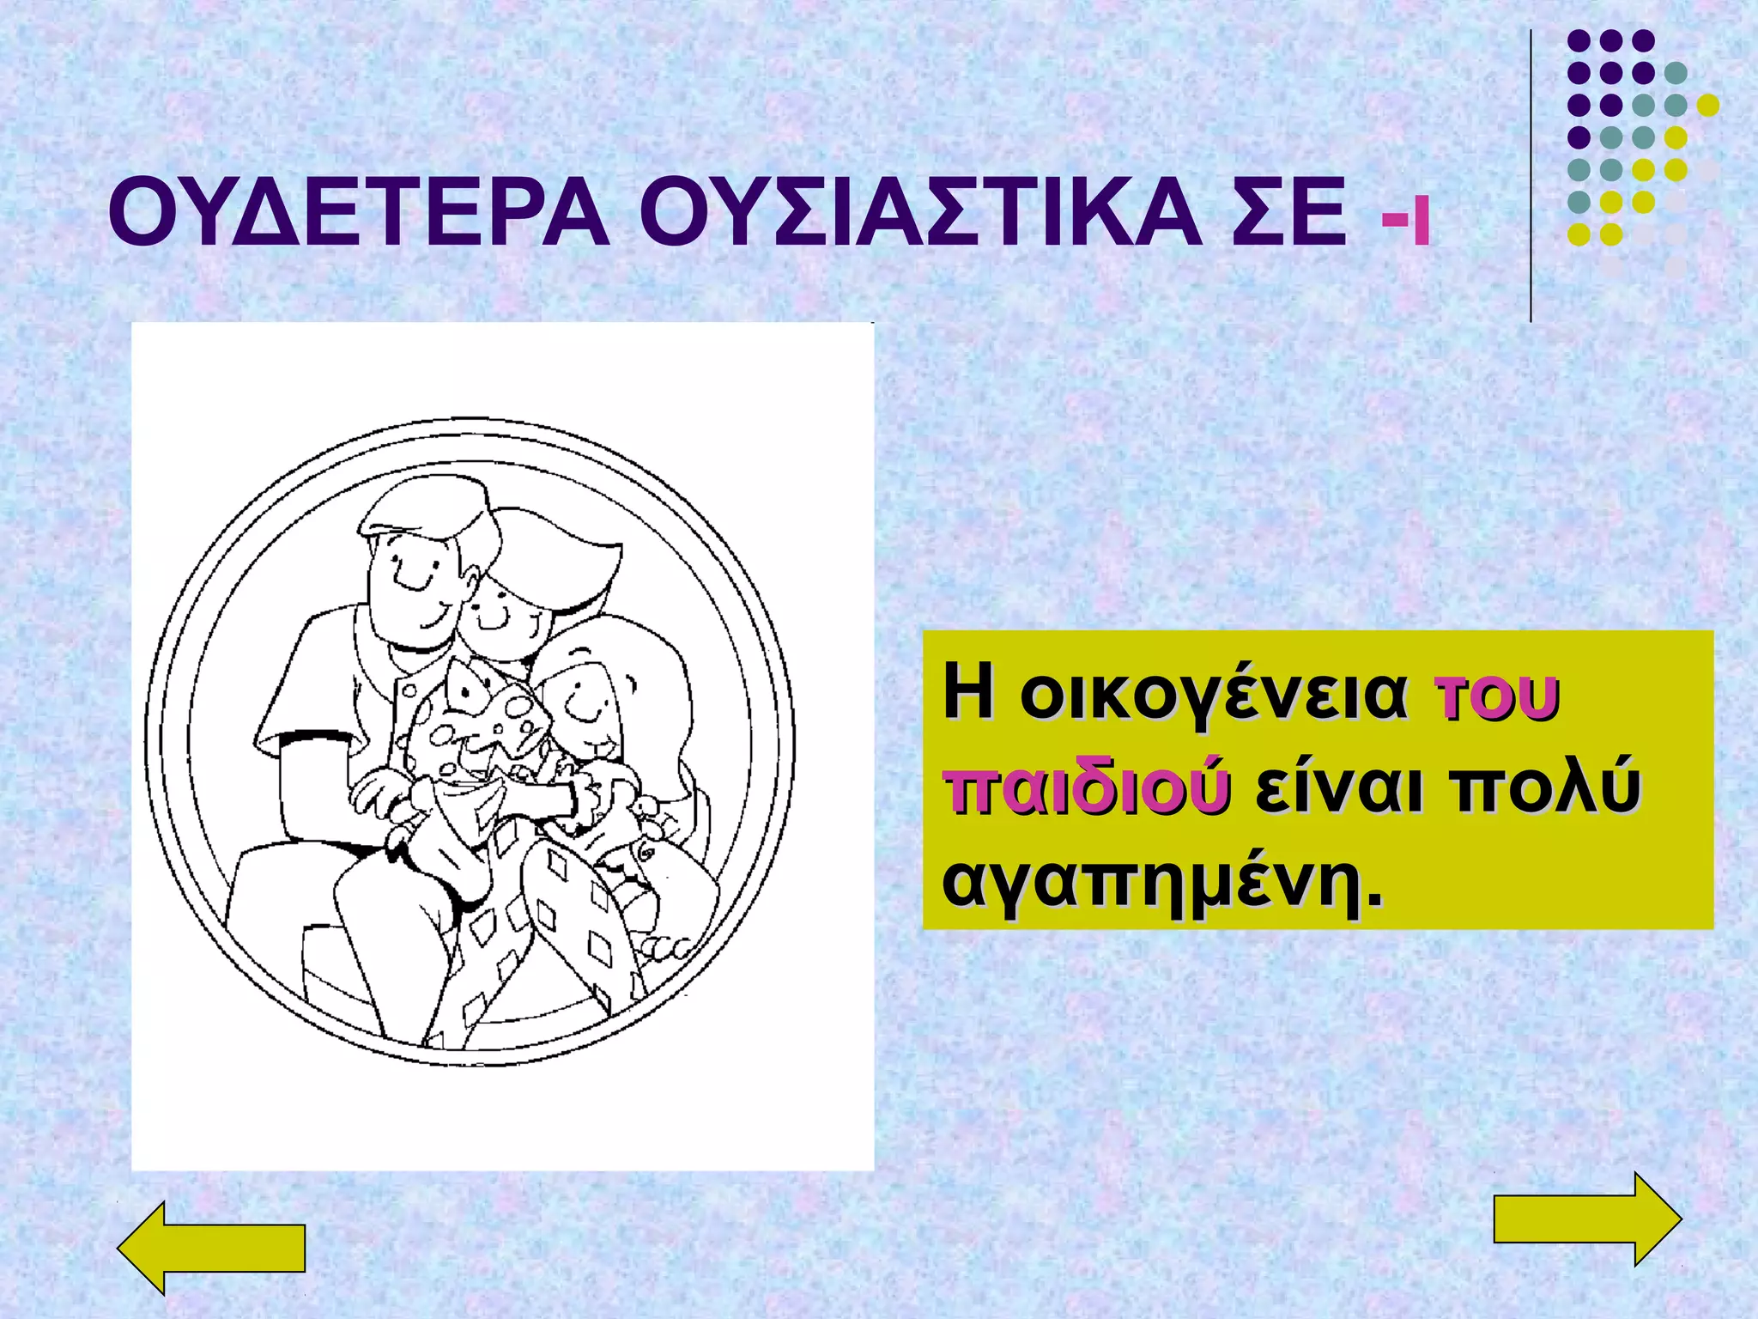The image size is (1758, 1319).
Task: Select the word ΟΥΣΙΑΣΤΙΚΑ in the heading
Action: point(920,212)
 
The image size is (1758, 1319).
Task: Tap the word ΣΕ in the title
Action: point(1283,212)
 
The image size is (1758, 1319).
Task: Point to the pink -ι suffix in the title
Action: point(1406,222)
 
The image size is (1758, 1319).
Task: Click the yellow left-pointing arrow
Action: point(211,1248)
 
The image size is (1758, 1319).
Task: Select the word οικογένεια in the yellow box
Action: point(1213,692)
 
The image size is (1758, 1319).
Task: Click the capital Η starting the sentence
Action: point(968,692)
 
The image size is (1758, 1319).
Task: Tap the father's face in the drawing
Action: point(416,584)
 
